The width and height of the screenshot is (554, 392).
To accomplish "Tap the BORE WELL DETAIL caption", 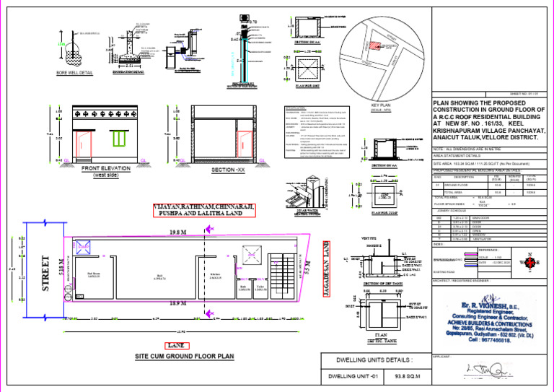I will coord(74,73).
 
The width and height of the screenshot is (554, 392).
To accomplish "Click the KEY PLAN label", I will coord(379,105).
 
